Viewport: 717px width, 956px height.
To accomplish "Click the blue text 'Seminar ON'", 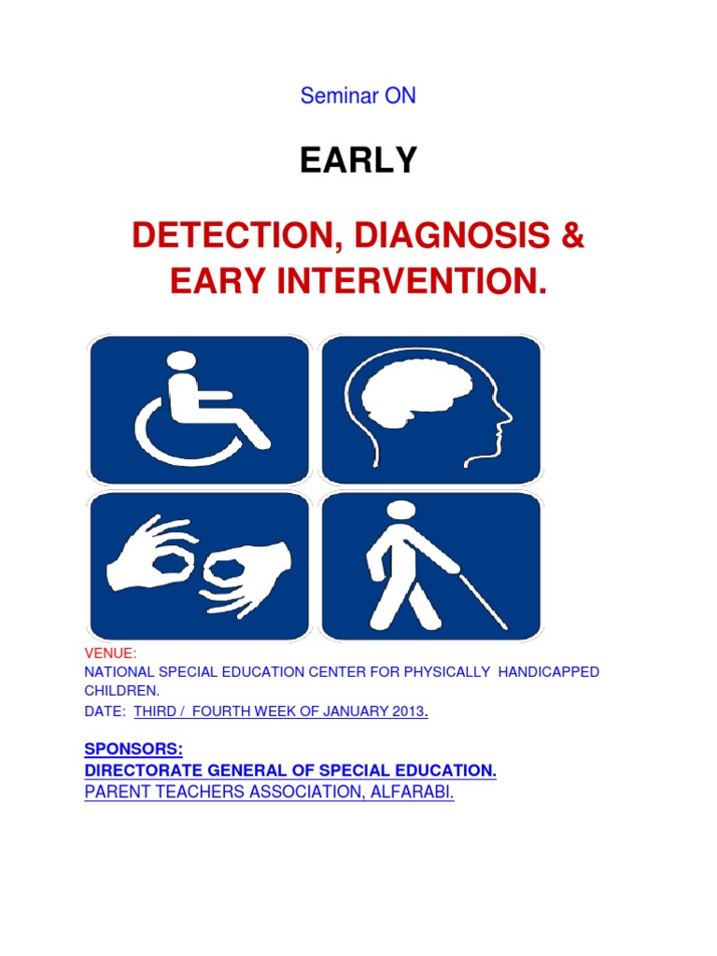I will (358, 96).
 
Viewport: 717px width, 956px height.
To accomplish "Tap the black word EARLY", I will (358, 162).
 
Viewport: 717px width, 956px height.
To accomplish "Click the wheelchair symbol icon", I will (199, 409).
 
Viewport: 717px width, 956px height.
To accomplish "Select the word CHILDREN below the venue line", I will (121, 692).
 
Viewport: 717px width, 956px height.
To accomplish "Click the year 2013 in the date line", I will (407, 711).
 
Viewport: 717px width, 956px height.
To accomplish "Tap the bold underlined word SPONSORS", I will (134, 750).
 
